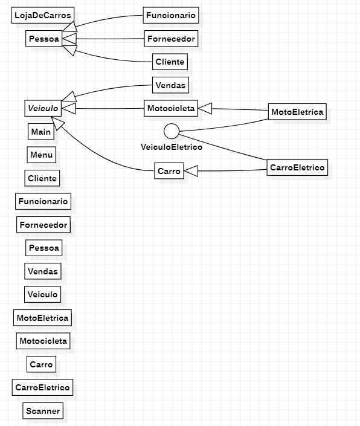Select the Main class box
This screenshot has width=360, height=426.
tap(41, 132)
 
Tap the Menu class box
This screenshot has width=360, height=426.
tap(41, 155)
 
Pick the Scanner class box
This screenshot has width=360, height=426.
tap(43, 411)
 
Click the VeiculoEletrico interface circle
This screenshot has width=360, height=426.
tap(172, 131)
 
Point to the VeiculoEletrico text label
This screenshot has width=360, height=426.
tap(172, 146)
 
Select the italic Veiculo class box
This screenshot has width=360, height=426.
tap(42, 108)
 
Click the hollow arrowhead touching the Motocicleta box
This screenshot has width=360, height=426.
tap(205, 108)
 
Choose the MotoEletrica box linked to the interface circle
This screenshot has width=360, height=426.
tap(297, 112)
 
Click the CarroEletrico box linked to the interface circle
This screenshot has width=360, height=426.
tap(297, 167)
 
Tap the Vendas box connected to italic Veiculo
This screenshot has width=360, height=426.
tap(171, 85)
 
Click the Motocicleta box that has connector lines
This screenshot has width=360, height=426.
tap(171, 108)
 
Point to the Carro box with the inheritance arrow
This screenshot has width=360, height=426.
tap(169, 172)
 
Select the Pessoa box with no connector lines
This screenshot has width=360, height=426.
tap(43, 248)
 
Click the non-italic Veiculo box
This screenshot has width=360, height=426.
tap(43, 294)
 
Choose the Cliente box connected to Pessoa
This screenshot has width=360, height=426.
tap(170, 62)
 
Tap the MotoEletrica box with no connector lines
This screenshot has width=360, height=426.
tap(42, 317)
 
